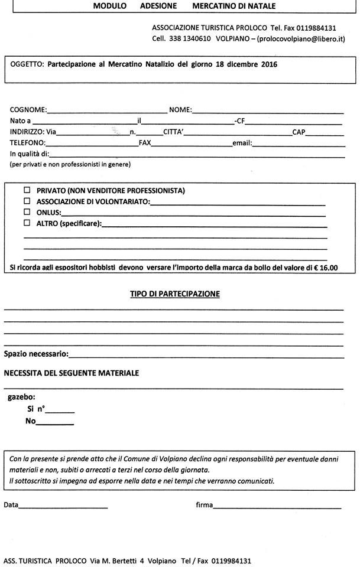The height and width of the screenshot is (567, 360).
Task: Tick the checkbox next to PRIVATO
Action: (x=27, y=191)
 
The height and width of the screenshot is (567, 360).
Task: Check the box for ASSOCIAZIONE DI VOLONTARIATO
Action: (x=27, y=201)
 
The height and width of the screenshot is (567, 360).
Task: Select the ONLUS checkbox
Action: (x=27, y=212)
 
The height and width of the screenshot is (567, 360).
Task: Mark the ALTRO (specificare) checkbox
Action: (x=27, y=223)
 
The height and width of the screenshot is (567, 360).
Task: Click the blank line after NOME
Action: (x=267, y=110)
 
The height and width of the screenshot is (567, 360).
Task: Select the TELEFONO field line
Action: (x=91, y=144)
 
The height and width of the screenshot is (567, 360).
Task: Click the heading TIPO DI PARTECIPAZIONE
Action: (x=175, y=294)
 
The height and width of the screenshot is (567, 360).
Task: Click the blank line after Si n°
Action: (x=60, y=411)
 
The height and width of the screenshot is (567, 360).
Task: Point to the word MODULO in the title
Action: (x=110, y=6)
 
